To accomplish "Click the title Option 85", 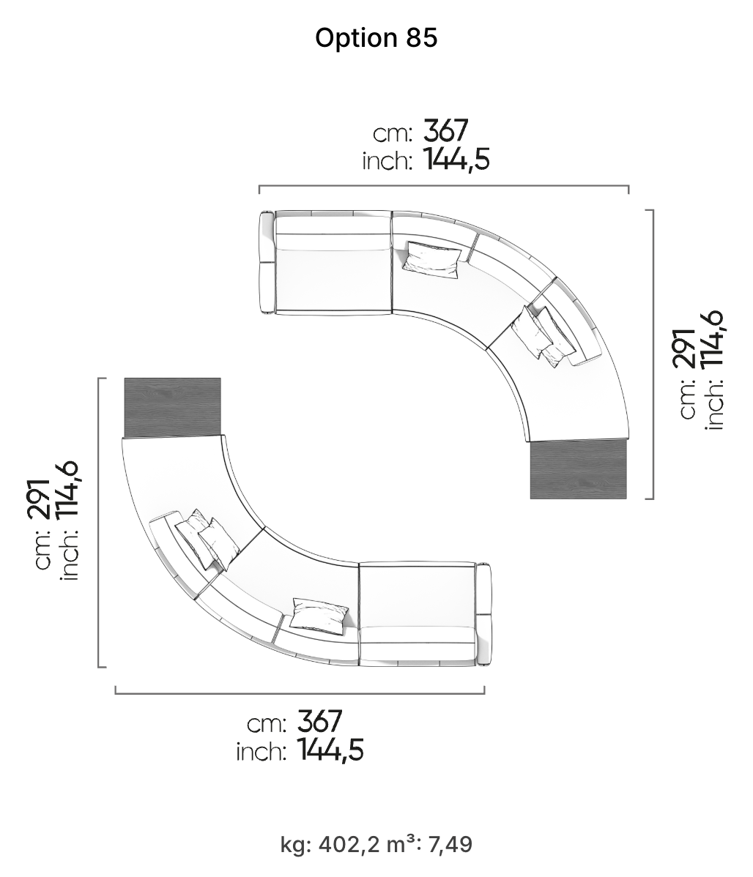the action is [x=376, y=38].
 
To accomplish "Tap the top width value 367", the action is [x=445, y=131].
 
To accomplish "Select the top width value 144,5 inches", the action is [x=456, y=159].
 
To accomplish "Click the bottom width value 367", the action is [x=319, y=722].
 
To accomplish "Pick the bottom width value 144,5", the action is [x=330, y=750].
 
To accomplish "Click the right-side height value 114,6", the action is [x=712, y=338].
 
